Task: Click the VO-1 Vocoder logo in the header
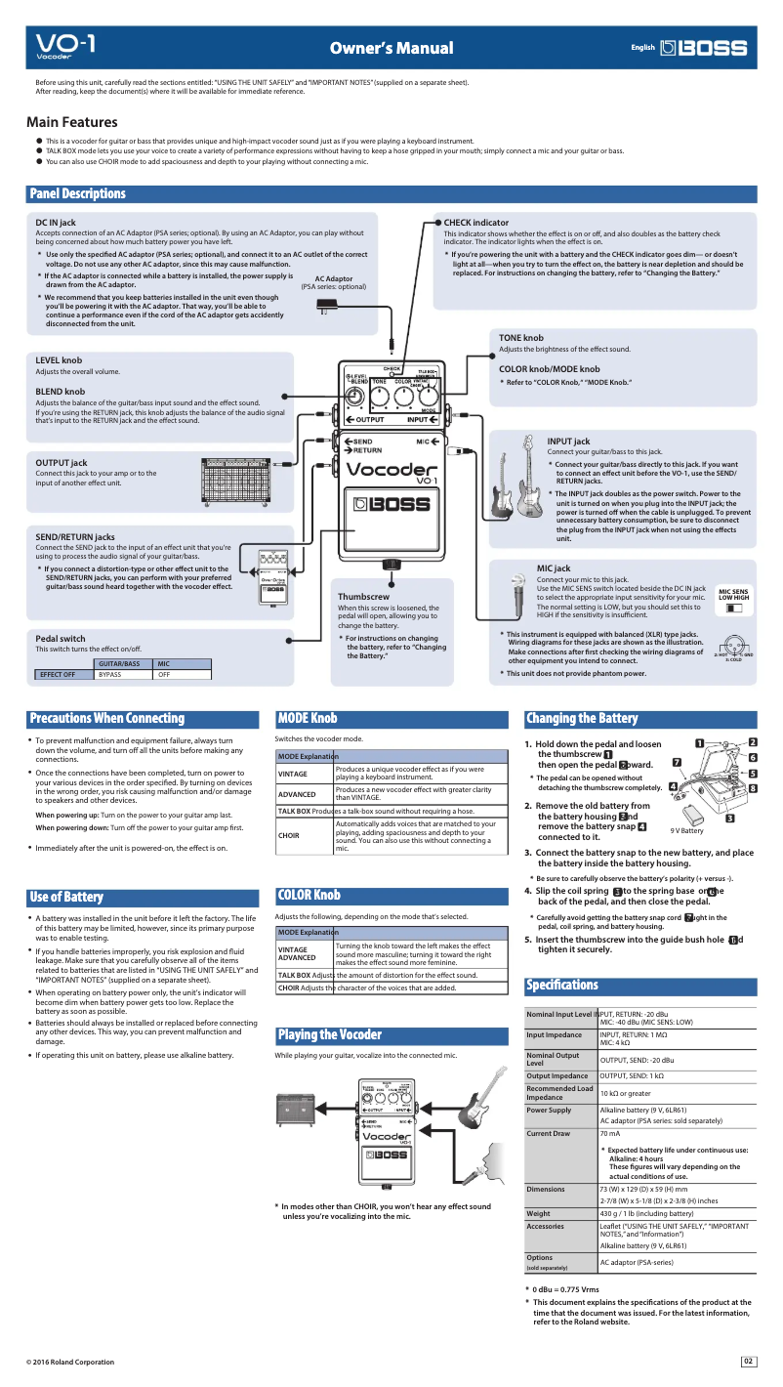pyautogui.click(x=65, y=47)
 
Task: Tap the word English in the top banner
pyautogui.click(x=642, y=47)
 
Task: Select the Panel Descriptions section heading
pyautogui.click(x=77, y=193)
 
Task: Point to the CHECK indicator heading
pyautogui.click(x=476, y=223)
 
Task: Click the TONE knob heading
pyautogui.click(x=521, y=337)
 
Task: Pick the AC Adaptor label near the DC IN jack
pyautogui.click(x=333, y=278)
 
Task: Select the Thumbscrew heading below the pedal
pyautogui.click(x=363, y=596)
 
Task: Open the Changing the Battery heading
pyautogui.click(x=581, y=718)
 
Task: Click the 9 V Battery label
pyautogui.click(x=686, y=830)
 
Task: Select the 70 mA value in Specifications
pyautogui.click(x=609, y=1133)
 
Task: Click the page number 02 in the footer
pyautogui.click(x=749, y=1361)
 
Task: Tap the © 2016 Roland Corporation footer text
pyautogui.click(x=70, y=1362)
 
